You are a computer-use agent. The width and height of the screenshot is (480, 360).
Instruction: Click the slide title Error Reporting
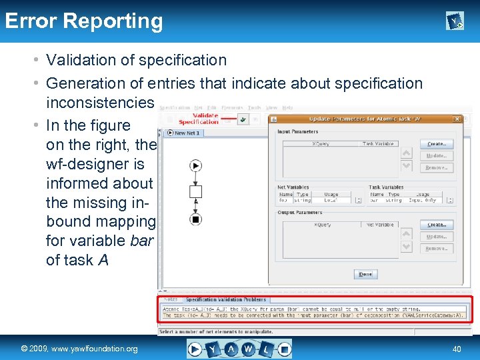84,21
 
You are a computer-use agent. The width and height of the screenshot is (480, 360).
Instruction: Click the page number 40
457,349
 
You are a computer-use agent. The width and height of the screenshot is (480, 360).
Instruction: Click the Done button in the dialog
365,274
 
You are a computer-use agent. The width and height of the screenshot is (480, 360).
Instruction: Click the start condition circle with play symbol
196,165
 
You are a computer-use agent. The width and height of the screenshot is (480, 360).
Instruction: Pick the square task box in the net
196,192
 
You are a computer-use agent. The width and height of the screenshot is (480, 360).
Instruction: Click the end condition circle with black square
196,219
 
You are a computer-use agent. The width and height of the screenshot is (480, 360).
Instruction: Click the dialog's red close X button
457,119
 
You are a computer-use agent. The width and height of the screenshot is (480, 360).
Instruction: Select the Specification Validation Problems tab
225,299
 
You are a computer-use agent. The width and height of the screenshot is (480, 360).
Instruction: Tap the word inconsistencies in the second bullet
100,103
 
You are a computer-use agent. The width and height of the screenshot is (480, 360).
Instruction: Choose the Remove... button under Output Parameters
436,249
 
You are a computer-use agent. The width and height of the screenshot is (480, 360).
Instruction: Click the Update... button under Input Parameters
436,156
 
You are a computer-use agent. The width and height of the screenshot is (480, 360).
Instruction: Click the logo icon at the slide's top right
454,22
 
